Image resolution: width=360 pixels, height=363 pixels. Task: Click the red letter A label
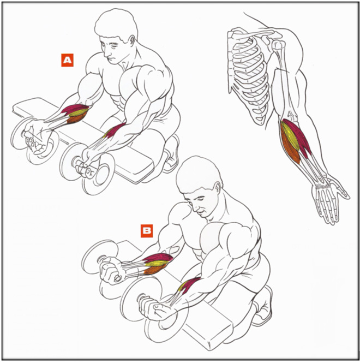pos(67,60)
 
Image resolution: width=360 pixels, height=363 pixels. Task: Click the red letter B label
pos(147,231)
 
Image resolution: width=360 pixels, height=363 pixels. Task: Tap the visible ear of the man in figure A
pos(133,41)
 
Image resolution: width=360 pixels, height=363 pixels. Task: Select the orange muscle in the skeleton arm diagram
pos(290,146)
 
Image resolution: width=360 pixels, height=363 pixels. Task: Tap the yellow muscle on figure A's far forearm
pos(78,113)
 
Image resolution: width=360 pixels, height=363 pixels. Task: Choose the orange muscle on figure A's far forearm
pos(76,118)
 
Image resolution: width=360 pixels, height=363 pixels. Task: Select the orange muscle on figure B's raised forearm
pos(154,270)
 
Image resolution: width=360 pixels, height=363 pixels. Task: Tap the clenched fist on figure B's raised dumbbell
pos(111,270)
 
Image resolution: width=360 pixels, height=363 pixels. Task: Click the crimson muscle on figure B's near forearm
pos(191,285)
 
